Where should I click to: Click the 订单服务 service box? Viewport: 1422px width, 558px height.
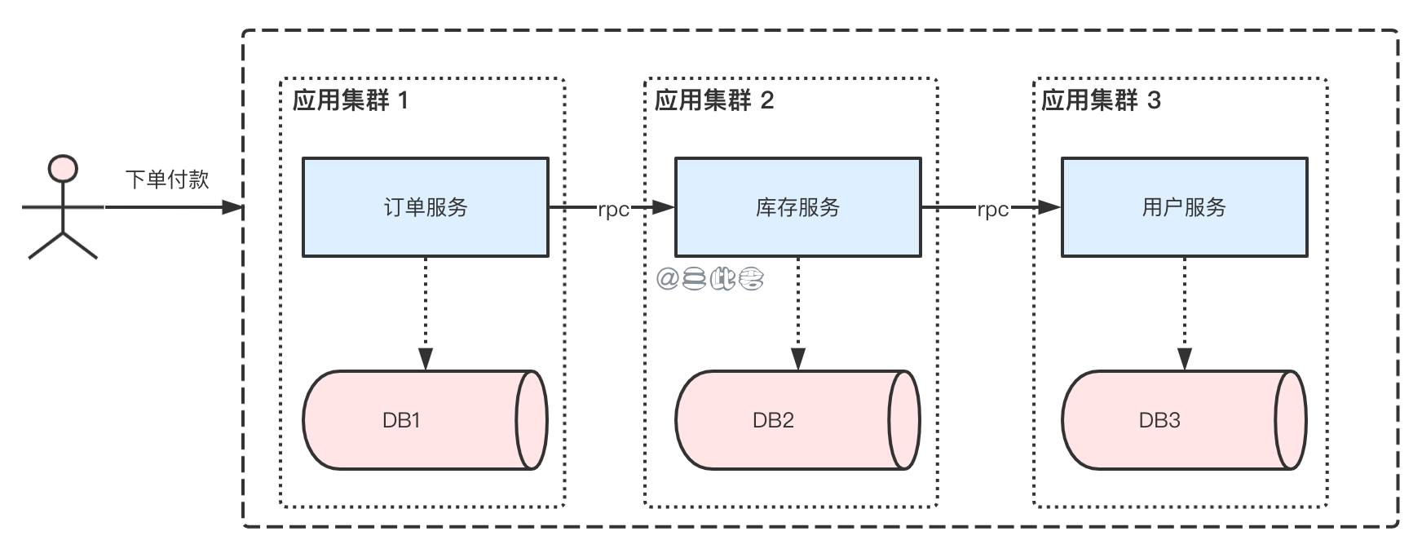click(425, 207)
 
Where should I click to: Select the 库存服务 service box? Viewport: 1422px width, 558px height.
click(797, 207)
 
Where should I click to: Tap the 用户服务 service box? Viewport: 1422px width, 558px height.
click(1184, 207)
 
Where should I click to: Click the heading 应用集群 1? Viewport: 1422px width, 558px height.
click(351, 100)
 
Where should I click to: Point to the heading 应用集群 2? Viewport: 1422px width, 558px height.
click(714, 100)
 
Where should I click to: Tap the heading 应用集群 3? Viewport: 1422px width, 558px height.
click(1101, 100)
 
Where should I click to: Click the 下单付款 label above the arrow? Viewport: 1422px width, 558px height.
click(167, 179)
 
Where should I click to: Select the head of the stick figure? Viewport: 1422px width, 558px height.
click(63, 169)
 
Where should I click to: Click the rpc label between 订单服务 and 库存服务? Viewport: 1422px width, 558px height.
click(613, 209)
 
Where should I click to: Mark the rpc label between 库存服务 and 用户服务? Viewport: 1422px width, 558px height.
click(992, 209)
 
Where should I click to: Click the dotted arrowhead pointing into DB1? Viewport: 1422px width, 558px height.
click(426, 359)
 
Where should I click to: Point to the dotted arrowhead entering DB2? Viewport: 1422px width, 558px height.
click(798, 359)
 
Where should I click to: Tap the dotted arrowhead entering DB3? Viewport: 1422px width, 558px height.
click(1185, 359)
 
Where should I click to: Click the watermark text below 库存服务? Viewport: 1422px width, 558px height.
click(710, 280)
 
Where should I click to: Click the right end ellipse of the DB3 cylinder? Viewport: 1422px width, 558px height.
click(1289, 420)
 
